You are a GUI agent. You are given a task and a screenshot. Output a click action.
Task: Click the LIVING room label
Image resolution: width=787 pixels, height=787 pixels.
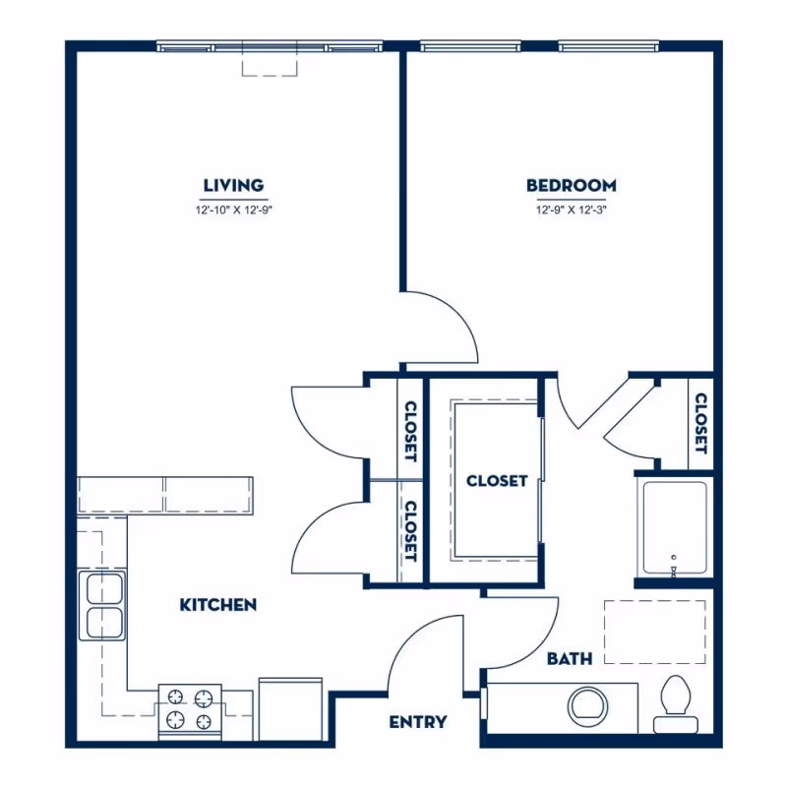[x=233, y=185]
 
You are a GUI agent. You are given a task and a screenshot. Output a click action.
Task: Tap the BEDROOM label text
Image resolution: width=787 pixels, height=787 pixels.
[x=571, y=185]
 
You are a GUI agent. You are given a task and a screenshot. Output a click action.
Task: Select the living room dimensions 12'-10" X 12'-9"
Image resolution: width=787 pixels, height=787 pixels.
[x=233, y=210]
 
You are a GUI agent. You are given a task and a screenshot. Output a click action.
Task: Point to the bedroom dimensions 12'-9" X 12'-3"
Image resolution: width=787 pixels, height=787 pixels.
[x=571, y=210]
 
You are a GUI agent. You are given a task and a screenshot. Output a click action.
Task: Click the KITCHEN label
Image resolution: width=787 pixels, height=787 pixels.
[x=218, y=604]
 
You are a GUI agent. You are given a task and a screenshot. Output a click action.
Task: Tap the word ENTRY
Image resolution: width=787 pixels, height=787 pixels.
[x=418, y=722]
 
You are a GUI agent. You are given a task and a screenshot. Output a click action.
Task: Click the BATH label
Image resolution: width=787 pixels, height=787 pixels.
[x=570, y=658]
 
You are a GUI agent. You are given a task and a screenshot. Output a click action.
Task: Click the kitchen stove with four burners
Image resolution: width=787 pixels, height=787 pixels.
[x=190, y=710]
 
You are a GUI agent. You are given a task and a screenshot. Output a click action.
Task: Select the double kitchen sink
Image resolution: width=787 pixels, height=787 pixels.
[x=102, y=606]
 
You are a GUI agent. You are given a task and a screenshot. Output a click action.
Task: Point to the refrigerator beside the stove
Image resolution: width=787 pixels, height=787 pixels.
[x=290, y=708]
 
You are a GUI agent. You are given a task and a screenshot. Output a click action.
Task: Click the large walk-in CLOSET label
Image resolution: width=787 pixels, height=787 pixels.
[x=497, y=481]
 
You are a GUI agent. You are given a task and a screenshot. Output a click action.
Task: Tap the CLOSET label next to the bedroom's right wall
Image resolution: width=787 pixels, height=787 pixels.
[x=700, y=423]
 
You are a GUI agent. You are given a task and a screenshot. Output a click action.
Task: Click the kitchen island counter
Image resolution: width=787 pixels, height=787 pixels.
[x=165, y=494]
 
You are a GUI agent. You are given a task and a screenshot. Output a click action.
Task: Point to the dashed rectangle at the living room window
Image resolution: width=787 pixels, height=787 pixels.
[x=270, y=64]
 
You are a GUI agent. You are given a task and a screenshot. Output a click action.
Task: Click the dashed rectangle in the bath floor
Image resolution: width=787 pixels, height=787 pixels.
[x=654, y=632]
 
